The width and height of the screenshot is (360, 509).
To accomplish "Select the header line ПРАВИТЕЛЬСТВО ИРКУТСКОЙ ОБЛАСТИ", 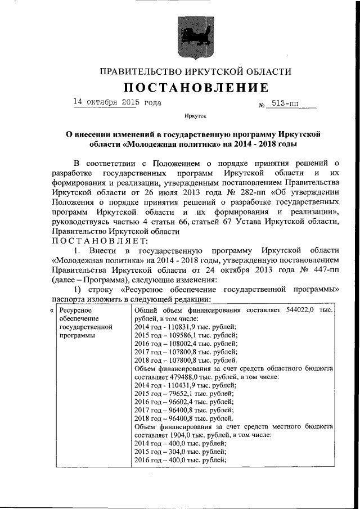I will point(195,71).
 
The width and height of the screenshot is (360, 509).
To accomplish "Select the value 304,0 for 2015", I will point(177,451).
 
